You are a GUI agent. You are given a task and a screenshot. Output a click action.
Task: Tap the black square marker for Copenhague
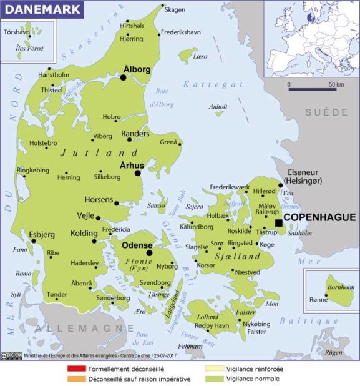pyautogui.click(x=278, y=222)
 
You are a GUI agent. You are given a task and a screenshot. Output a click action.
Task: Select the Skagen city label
pyautogui.click(x=175, y=9)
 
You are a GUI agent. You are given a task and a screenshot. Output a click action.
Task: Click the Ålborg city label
pyautogui.click(x=137, y=70)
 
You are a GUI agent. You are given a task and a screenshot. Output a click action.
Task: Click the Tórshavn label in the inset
pyautogui.click(x=17, y=31)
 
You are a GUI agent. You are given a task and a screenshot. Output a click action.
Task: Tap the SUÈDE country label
pyautogui.click(x=327, y=112)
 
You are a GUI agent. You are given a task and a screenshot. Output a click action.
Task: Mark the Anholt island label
pyautogui.click(x=218, y=106)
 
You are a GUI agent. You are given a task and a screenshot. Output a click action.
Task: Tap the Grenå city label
pyautogui.click(x=169, y=142)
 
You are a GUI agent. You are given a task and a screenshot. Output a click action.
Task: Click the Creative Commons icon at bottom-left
pyautogui.click(x=12, y=356)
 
